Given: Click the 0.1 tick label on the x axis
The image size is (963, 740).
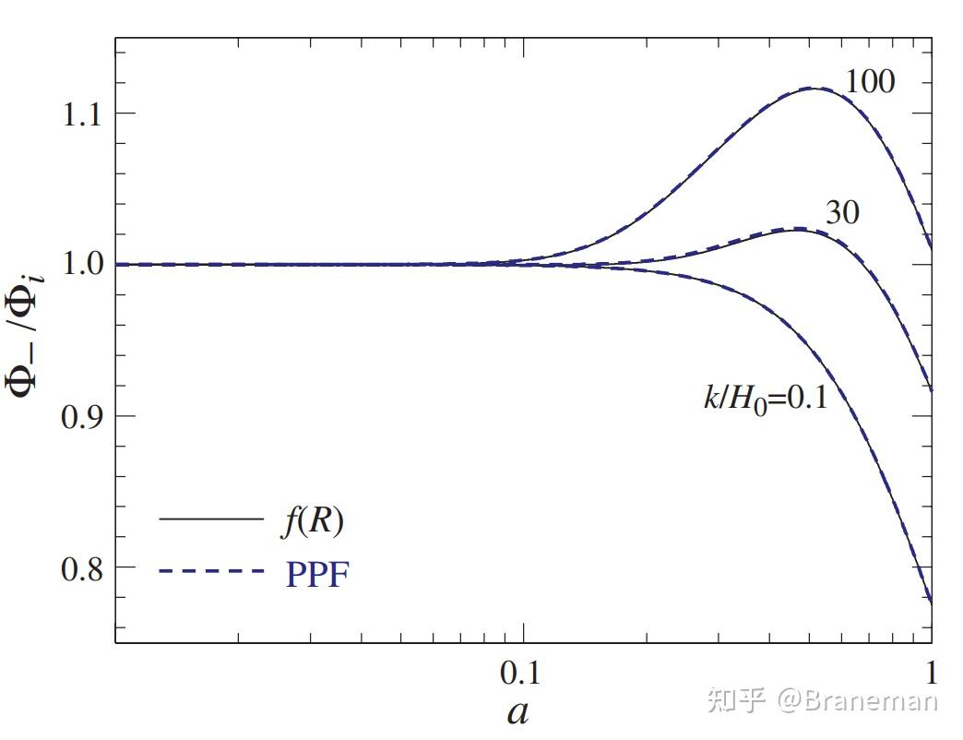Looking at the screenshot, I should coord(520,674).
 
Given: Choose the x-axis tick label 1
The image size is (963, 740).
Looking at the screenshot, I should coord(931,674).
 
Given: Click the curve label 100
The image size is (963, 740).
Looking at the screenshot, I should coord(870,82).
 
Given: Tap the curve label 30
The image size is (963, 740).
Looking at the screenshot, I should coord(840,213).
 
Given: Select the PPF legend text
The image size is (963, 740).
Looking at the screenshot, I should coord(314,575).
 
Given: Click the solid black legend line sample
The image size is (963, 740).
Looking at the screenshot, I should coord(211,519).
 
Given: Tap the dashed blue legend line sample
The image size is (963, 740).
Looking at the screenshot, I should coord(211,572).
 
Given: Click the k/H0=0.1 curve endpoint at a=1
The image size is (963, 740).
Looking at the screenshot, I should coord(931,603).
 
